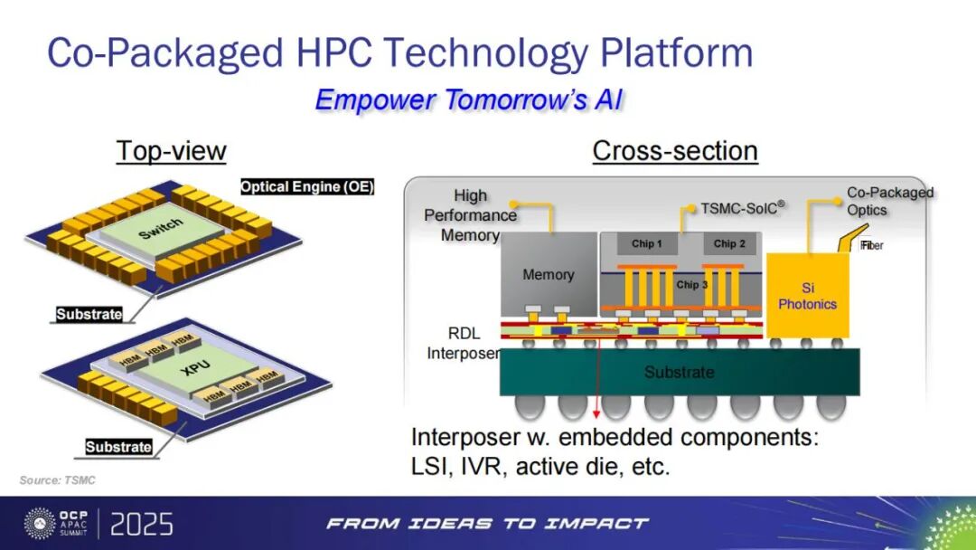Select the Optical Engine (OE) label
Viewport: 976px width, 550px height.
point(307,187)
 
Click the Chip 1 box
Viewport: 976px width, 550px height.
point(647,243)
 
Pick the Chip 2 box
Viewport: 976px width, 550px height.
point(729,243)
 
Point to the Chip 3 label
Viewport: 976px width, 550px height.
point(692,285)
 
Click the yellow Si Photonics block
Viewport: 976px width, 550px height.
point(807,295)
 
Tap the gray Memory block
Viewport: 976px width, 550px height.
point(549,274)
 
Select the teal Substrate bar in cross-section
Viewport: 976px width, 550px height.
point(680,372)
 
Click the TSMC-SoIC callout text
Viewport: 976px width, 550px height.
point(742,207)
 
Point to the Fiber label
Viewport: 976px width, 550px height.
point(872,245)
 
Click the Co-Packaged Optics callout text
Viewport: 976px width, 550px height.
point(889,201)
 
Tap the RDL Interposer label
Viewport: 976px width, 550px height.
point(464,343)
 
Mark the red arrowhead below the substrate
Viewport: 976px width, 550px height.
point(596,413)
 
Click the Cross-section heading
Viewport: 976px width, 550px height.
point(675,151)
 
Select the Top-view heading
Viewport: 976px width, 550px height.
point(171,151)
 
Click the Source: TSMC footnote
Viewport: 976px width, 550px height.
point(57,480)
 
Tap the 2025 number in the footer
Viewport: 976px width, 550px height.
point(141,525)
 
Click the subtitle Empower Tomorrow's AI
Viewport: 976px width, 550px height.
point(469,100)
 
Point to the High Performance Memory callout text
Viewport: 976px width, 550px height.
point(471,215)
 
